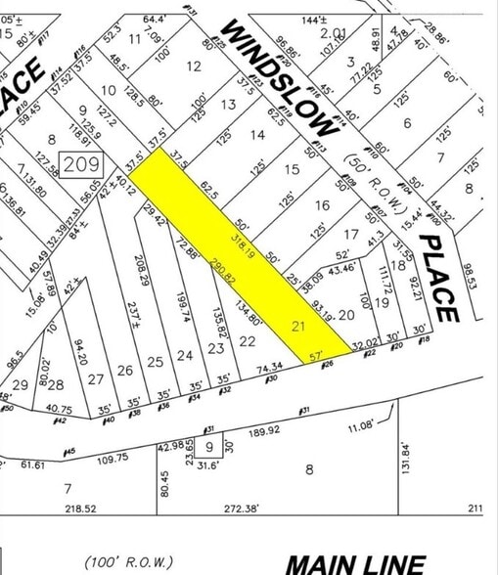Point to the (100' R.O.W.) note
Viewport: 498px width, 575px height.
130,561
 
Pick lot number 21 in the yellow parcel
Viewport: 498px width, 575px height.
299,325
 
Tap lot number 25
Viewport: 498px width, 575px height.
155,362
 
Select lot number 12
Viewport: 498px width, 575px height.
194,66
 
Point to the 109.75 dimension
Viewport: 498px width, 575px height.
113,458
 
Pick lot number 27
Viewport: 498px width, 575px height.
95,378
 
